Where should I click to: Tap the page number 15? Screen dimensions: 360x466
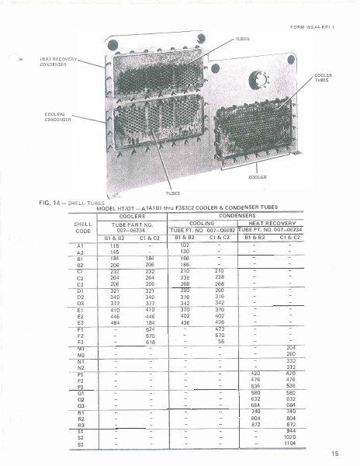coord(334,454)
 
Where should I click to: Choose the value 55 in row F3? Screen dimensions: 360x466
coord(220,363)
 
